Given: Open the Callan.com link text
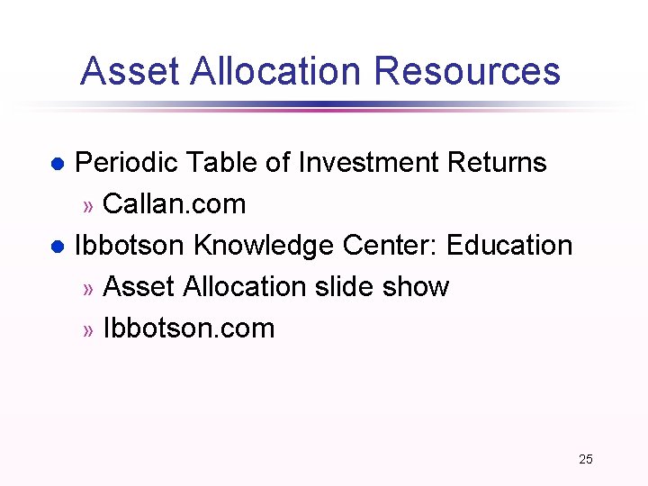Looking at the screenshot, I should click(x=175, y=204).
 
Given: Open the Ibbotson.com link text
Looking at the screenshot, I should click(x=189, y=328).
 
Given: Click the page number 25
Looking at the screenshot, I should click(x=586, y=459).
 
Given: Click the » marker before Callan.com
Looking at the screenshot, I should click(x=88, y=206).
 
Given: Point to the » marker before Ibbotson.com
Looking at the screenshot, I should click(x=88, y=330).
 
